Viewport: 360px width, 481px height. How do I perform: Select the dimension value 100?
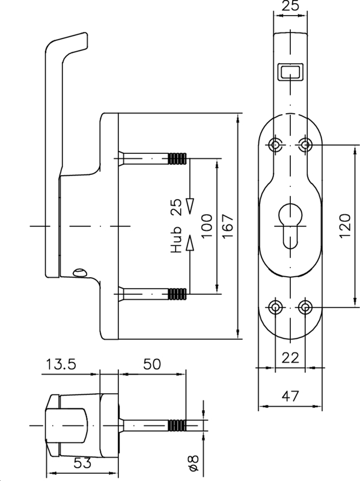tap(207, 226)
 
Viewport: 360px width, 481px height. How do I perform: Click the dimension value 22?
tap(290, 358)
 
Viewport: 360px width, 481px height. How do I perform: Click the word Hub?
tap(176, 240)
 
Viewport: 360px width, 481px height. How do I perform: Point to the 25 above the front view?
tap(290, 8)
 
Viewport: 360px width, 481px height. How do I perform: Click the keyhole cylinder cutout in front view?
tap(290, 225)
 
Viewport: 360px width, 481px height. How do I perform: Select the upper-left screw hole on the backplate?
tap(276, 144)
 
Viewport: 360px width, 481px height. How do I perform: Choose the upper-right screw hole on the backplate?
tap(305, 144)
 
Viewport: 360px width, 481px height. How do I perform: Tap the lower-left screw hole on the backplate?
tap(276, 307)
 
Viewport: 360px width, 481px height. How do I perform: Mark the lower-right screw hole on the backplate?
tap(305, 307)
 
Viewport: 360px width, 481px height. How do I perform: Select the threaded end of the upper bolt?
tap(176, 159)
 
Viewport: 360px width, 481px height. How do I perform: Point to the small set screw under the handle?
tap(78, 273)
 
